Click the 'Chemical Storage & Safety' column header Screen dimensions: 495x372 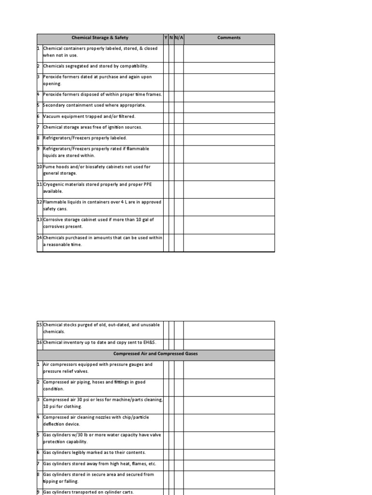click(x=100, y=38)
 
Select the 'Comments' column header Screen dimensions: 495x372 click(x=229, y=38)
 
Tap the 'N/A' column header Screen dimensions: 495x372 click(x=179, y=38)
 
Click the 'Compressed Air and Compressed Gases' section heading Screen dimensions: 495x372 click(x=155, y=354)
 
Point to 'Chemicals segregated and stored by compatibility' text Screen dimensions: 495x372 click(x=96, y=66)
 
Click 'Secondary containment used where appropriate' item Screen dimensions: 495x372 click(x=94, y=105)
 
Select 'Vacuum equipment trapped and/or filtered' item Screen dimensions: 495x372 click(x=90, y=116)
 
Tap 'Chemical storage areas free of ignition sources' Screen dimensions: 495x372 click(x=93, y=127)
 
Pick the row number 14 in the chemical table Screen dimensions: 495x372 click(x=40, y=238)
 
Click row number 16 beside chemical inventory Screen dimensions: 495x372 click(x=40, y=343)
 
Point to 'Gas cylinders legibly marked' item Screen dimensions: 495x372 click(x=94, y=452)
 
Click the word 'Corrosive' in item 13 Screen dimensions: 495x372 click(x=53, y=220)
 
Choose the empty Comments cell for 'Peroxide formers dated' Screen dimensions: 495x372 click(x=229, y=80)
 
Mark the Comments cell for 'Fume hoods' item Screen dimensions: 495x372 click(x=229, y=170)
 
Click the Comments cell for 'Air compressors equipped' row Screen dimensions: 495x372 click(x=229, y=368)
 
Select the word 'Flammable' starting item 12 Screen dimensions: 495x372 click(x=54, y=202)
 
